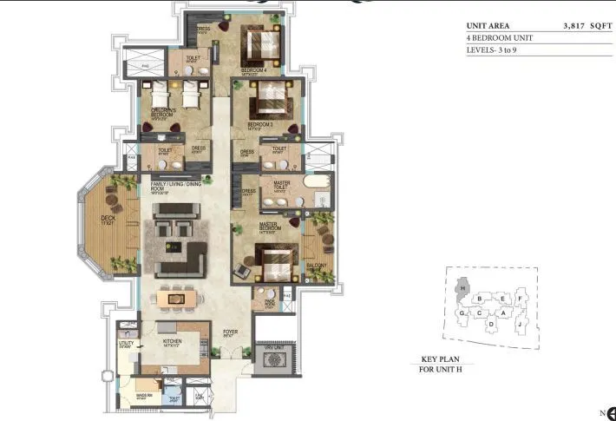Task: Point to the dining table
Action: [x=175, y=298]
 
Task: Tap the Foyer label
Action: [x=230, y=331]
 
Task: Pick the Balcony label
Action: [x=317, y=266]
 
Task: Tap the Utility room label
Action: [x=127, y=344]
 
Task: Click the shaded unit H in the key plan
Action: [x=464, y=287]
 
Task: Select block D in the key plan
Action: [x=491, y=325]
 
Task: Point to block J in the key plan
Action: [x=518, y=326]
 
